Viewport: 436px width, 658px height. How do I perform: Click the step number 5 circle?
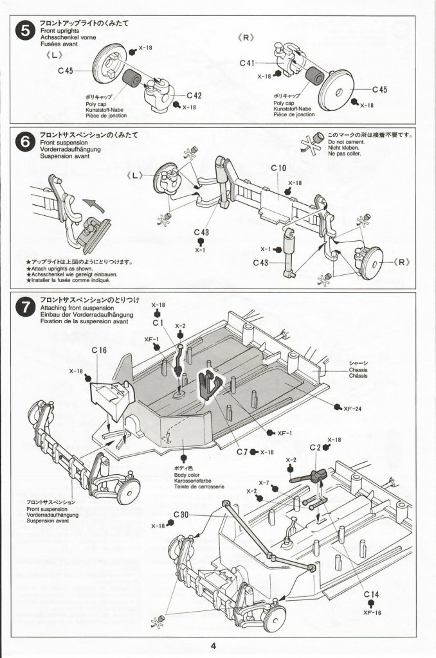pos(25,31)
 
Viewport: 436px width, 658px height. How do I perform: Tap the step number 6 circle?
pos(25,143)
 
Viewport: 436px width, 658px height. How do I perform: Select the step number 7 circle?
pos(25,308)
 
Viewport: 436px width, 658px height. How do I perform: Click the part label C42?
pos(194,96)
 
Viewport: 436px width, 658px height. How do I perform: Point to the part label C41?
pos(247,63)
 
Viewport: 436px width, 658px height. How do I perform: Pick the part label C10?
pos(278,168)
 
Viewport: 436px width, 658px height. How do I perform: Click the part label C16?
pos(99,350)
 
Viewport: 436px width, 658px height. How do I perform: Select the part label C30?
pos(181,515)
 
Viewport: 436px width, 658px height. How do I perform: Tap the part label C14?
pos(371,594)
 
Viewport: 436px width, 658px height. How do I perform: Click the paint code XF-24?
pos(352,409)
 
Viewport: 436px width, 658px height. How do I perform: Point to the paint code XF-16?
pos(372,612)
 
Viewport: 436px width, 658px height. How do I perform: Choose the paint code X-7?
pos(264,483)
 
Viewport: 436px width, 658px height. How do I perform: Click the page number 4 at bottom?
pos(213,646)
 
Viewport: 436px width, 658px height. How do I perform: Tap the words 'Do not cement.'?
pos(347,142)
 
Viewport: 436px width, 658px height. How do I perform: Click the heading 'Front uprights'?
pos(60,31)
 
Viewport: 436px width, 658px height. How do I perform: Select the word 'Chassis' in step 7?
pos(358,370)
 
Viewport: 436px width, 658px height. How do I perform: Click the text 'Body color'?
pos(187,475)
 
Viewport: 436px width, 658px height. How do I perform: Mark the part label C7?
pos(242,452)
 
